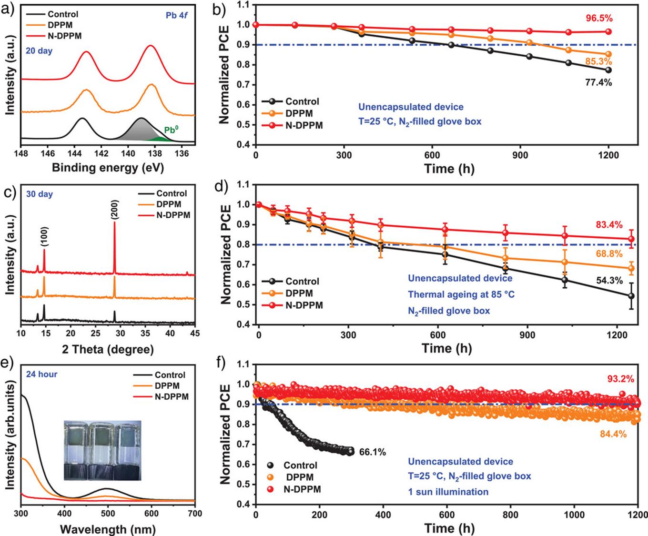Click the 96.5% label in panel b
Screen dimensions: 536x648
pos(599,19)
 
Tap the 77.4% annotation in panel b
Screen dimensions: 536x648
pos(598,82)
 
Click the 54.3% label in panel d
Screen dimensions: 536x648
pos(609,281)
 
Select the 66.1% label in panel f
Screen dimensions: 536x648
pos(372,451)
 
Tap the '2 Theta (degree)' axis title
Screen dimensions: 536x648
pos(108,349)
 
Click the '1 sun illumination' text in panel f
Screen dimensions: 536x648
pos(448,491)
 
